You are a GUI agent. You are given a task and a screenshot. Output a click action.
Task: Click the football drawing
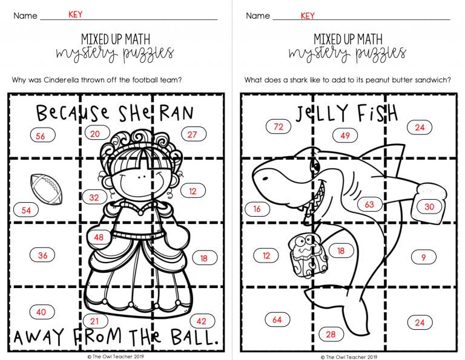click(46, 189)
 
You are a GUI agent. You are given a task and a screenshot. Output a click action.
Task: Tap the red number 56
click(41, 136)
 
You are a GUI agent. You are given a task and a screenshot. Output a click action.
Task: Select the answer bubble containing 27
click(194, 134)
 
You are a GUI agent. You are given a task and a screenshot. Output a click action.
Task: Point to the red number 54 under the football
click(26, 211)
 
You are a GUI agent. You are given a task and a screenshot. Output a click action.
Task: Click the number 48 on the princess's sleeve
click(99, 237)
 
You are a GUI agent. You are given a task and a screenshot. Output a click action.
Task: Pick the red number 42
click(202, 321)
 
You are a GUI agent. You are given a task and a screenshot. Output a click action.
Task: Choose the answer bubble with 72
click(279, 127)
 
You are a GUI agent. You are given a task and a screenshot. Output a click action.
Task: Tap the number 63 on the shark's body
click(369, 204)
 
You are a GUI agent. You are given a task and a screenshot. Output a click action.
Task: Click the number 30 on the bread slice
click(429, 206)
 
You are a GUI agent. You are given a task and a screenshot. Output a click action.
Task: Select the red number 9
click(423, 258)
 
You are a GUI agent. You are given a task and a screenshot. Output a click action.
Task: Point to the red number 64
click(277, 319)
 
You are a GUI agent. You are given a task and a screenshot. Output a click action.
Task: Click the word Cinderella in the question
click(61, 80)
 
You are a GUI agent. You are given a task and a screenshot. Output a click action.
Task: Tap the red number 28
click(331, 335)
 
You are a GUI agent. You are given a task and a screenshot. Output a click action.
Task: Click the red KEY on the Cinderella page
click(75, 15)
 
